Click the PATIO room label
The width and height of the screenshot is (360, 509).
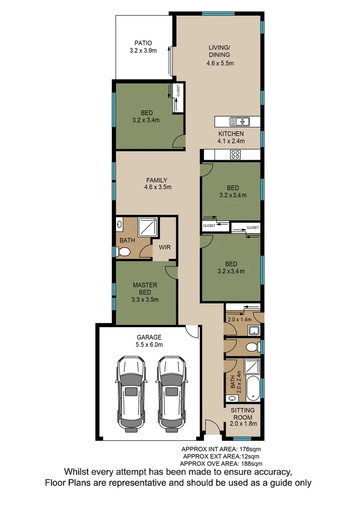coord(143,43)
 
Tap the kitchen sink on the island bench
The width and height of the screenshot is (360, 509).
coord(239,121)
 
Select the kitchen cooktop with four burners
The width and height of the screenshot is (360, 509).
coord(235,155)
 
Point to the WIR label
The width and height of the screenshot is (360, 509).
coord(164,246)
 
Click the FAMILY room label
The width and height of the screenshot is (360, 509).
coord(157,180)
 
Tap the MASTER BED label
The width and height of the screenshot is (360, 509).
coord(145,288)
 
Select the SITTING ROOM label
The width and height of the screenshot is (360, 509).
coord(244,414)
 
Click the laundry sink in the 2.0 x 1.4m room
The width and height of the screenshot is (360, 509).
coord(255,330)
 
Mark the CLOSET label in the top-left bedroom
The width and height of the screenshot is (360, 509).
coord(178,90)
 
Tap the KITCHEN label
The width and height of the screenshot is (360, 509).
coord(231,134)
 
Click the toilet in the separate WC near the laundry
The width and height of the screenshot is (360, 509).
coord(252,348)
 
